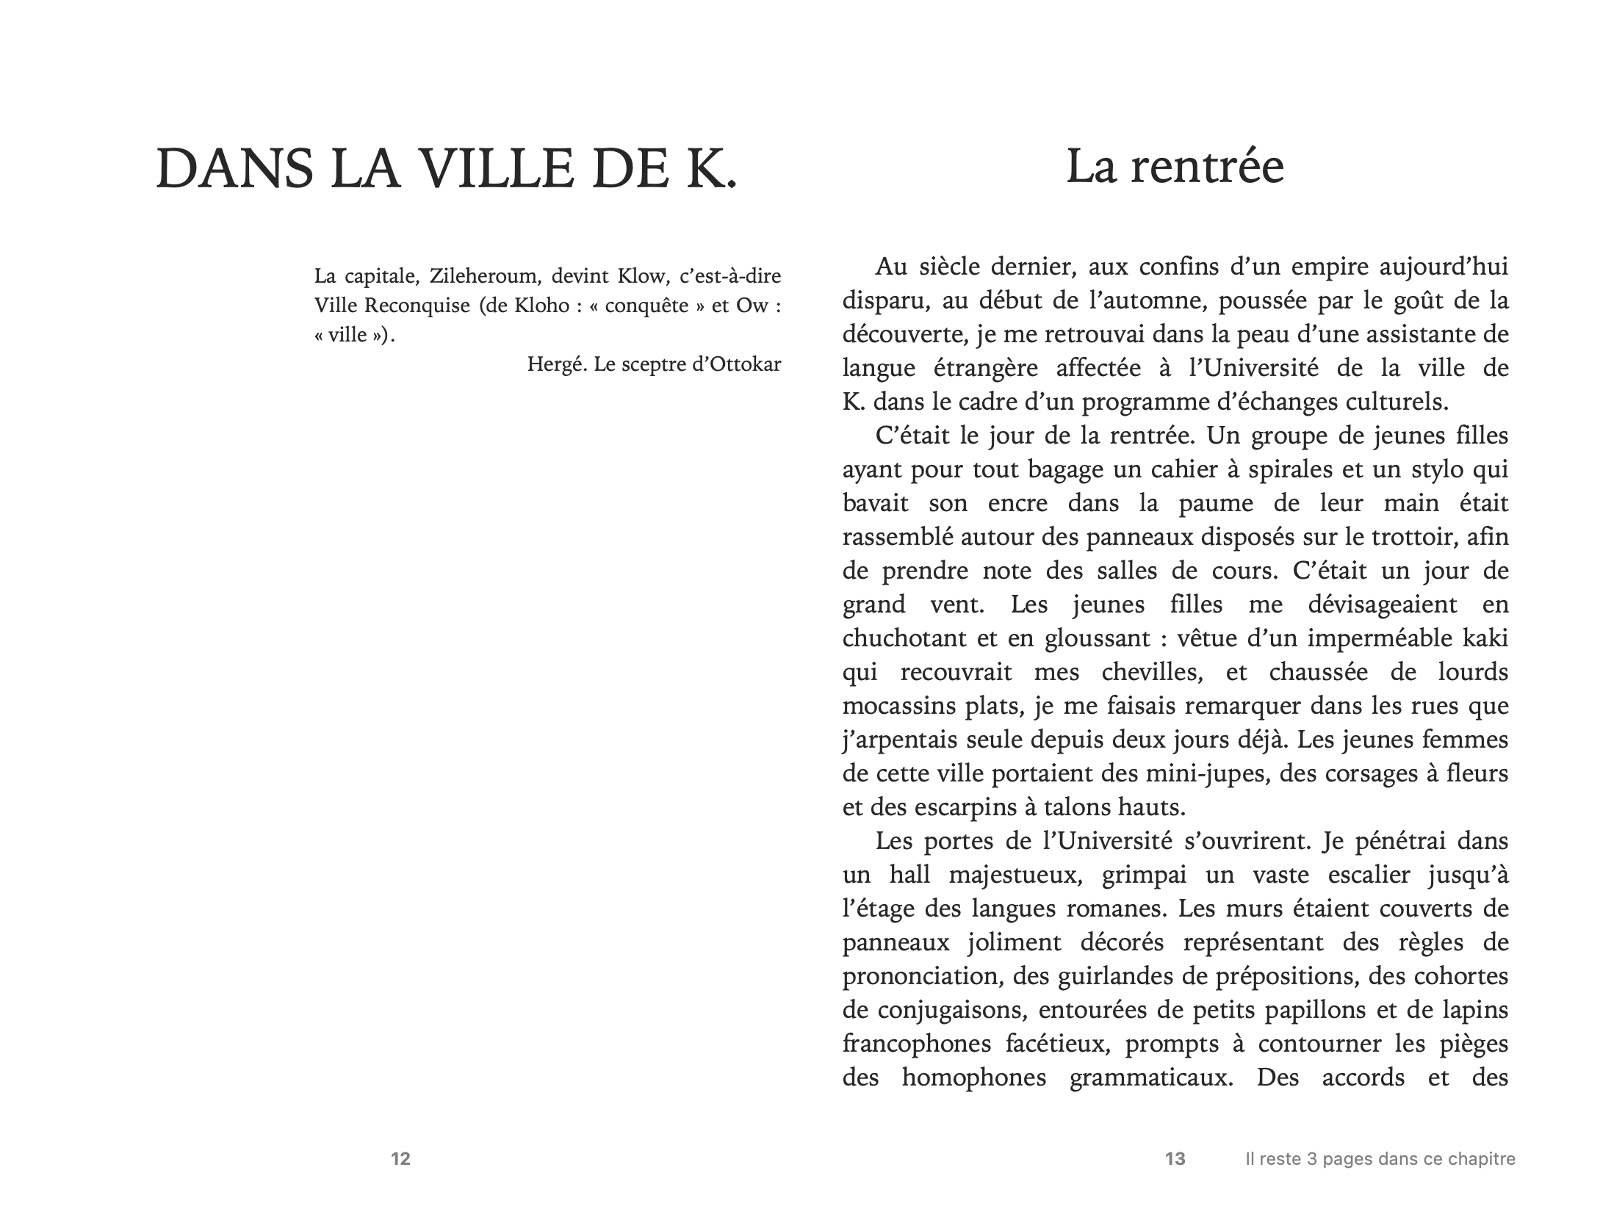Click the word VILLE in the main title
coord(501,169)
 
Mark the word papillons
coord(1313,1010)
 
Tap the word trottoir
coord(1414,536)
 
